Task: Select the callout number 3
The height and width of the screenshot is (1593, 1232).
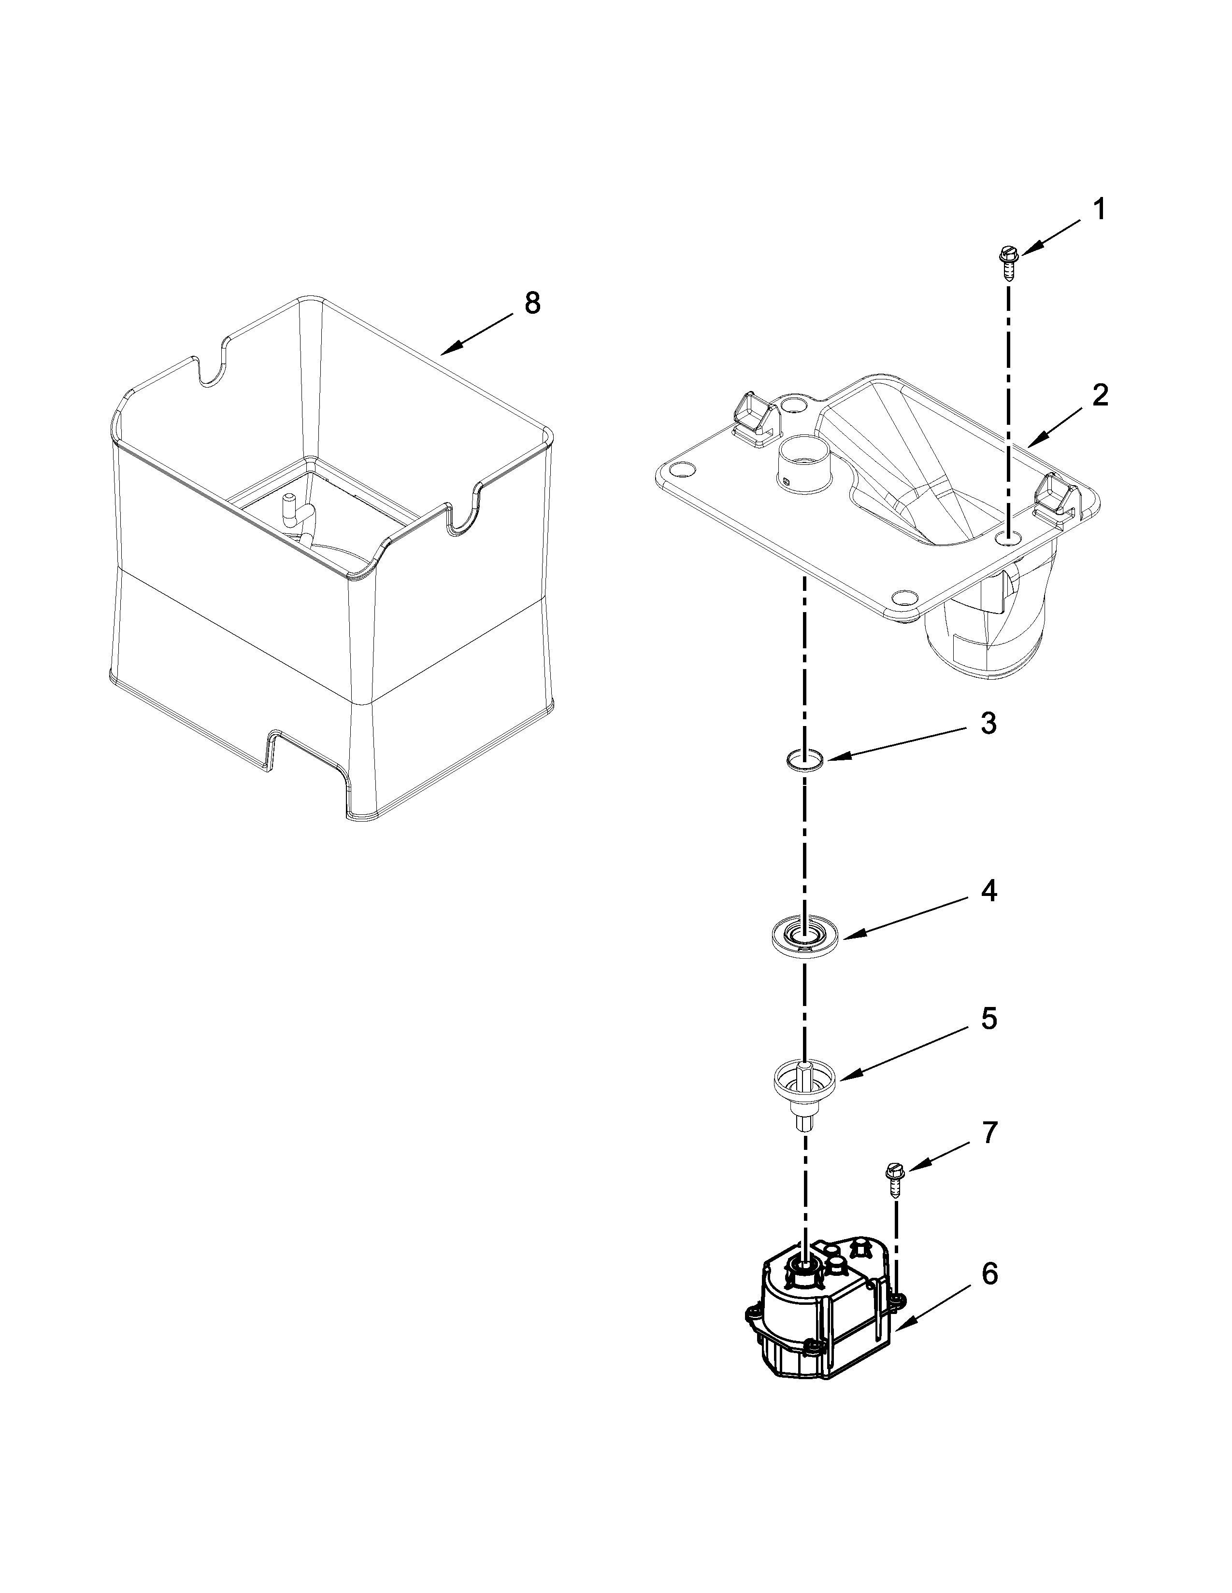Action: (x=988, y=724)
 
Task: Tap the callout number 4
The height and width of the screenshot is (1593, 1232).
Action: (x=988, y=891)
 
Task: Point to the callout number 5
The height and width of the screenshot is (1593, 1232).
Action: (x=988, y=1019)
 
